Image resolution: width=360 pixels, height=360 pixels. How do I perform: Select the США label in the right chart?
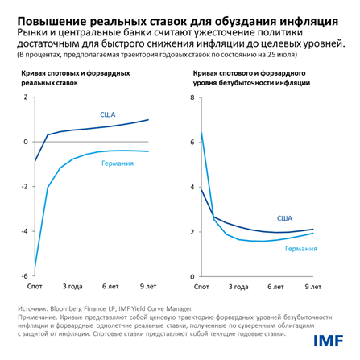tap(283, 217)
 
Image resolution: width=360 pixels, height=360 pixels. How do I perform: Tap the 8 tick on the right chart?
tap(192, 97)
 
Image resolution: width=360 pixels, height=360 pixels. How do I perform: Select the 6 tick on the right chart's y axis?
tap(192, 142)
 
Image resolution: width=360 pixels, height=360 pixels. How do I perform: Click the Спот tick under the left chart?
tap(35, 286)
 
